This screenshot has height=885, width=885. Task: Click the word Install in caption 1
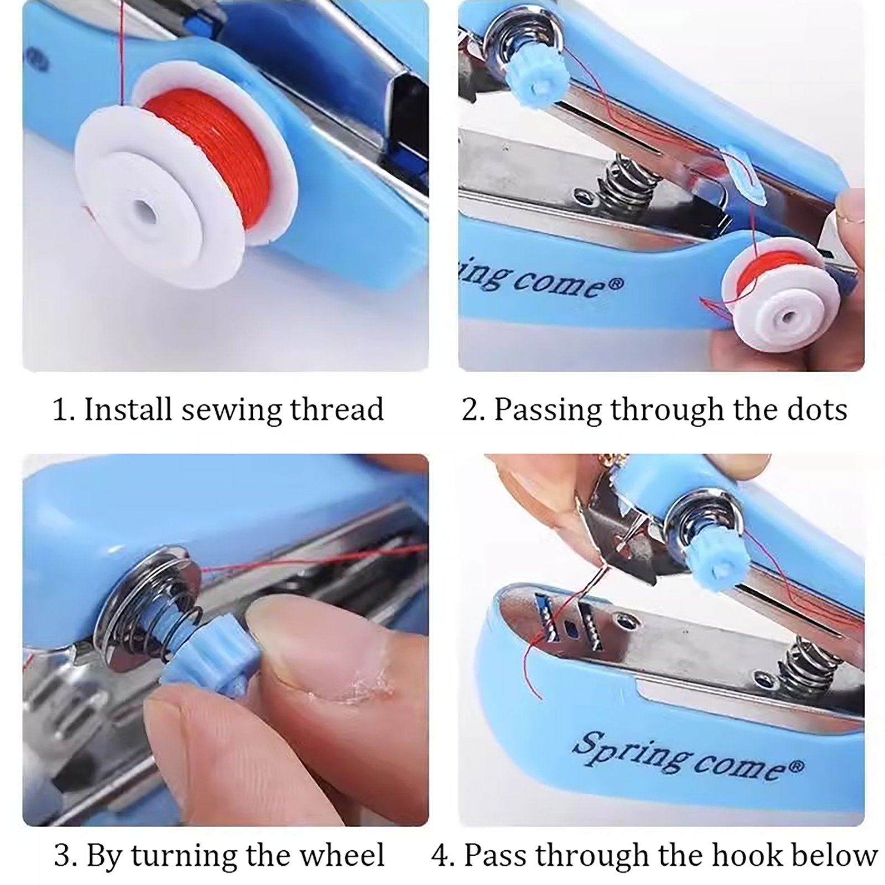pos(128,409)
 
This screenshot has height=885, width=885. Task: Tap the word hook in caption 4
pos(747,855)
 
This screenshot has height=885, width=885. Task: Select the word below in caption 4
pos(834,855)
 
